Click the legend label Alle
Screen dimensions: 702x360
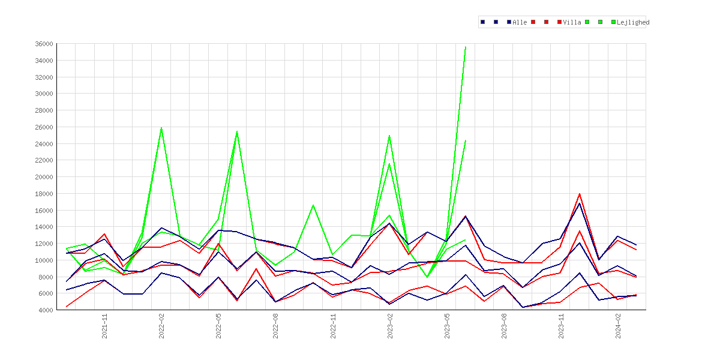[x=520, y=22]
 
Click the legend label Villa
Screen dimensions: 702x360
[x=572, y=22]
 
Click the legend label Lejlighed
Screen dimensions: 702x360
[x=633, y=22]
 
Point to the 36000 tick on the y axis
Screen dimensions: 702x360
[x=44, y=44]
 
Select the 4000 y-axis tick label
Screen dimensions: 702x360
[x=46, y=310]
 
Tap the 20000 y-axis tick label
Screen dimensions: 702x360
[x=44, y=177]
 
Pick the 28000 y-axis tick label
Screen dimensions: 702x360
[x=44, y=110]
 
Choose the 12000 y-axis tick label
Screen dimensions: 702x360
[x=44, y=244]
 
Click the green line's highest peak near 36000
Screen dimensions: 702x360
[x=466, y=47]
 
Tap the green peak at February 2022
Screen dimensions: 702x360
[x=161, y=128]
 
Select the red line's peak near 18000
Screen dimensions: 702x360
[x=580, y=194]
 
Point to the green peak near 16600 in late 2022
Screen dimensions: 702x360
[x=313, y=205]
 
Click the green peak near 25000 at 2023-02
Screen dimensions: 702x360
[x=389, y=136]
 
